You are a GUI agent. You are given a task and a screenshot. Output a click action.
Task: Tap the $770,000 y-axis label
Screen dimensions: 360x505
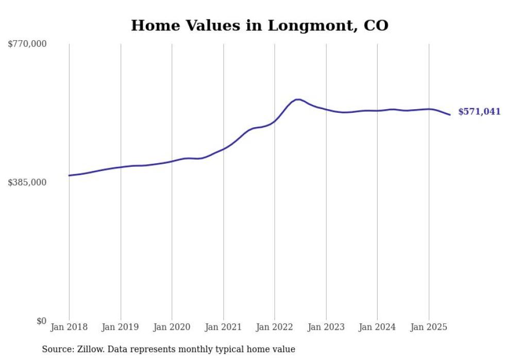27,44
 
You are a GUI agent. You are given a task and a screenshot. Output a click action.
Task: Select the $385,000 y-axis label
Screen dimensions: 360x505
27,182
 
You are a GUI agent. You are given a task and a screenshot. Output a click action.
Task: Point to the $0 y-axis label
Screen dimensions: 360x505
41,321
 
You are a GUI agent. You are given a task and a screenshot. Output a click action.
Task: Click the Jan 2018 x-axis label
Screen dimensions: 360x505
69,327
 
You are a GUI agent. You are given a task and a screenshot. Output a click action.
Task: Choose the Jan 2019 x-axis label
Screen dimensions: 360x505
121,327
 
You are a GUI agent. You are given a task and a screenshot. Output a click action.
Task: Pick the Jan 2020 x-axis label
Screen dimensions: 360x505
172,327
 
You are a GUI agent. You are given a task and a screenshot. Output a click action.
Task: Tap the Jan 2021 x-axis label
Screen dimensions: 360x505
223,327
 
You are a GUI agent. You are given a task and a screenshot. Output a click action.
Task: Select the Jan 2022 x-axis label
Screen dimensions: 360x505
275,327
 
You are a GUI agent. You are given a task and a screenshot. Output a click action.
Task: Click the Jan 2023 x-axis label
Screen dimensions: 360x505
326,327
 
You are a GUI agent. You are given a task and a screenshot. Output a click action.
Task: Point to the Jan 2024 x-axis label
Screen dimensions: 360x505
377,327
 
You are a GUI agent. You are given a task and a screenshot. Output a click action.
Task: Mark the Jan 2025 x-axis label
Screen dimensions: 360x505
429,327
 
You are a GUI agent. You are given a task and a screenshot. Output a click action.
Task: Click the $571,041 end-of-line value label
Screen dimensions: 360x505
479,112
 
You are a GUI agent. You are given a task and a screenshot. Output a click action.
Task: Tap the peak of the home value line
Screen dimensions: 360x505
298,99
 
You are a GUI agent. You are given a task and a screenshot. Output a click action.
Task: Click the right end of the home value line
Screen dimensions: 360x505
450,115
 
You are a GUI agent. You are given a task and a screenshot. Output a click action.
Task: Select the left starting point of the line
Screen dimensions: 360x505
69,176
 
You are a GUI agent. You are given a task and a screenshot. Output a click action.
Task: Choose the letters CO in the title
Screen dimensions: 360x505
376,25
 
